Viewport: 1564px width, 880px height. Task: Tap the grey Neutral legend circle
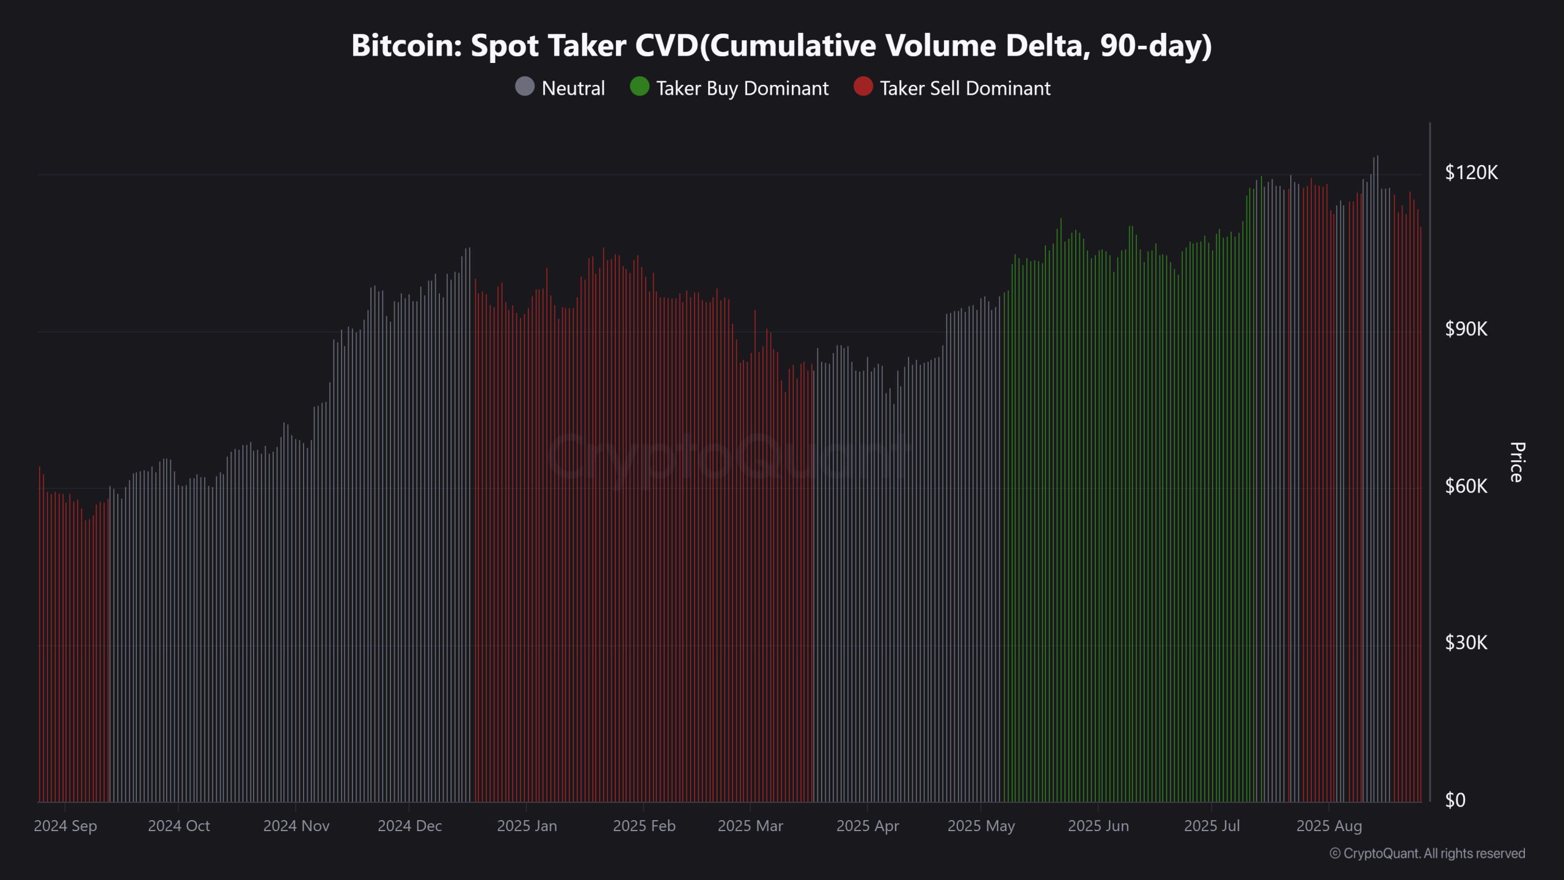tap(525, 87)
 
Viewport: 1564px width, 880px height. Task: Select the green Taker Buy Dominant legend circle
tap(639, 87)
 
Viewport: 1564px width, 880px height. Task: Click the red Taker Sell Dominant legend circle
tap(863, 87)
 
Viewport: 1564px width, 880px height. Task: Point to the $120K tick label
tap(1471, 172)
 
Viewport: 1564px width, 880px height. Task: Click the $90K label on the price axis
tap(1466, 329)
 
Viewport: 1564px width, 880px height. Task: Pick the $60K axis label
tap(1466, 486)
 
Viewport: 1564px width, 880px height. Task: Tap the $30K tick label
tap(1466, 643)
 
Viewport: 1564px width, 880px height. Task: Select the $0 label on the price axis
tap(1455, 800)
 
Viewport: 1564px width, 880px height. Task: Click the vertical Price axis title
tap(1516, 462)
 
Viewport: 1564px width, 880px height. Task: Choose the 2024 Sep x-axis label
tap(65, 826)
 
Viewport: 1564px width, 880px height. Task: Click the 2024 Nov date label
tap(296, 826)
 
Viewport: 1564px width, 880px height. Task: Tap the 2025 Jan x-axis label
tap(527, 826)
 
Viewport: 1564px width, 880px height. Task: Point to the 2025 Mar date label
tap(750, 826)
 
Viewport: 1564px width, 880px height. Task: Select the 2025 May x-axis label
tap(981, 826)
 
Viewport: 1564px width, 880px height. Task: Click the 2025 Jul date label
tap(1212, 826)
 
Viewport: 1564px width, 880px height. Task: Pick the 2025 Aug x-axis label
tap(1329, 826)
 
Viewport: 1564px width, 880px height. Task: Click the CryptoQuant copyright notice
tap(1427, 854)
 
